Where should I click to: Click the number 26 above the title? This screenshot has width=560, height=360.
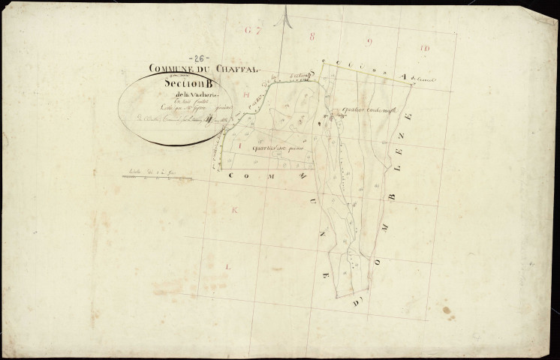[x=200, y=58]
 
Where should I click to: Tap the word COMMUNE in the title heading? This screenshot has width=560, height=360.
[x=173, y=67]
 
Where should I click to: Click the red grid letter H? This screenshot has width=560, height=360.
[x=245, y=96]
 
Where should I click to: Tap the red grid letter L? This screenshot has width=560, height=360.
[x=228, y=265]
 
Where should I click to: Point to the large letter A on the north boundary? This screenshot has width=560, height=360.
[x=403, y=76]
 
